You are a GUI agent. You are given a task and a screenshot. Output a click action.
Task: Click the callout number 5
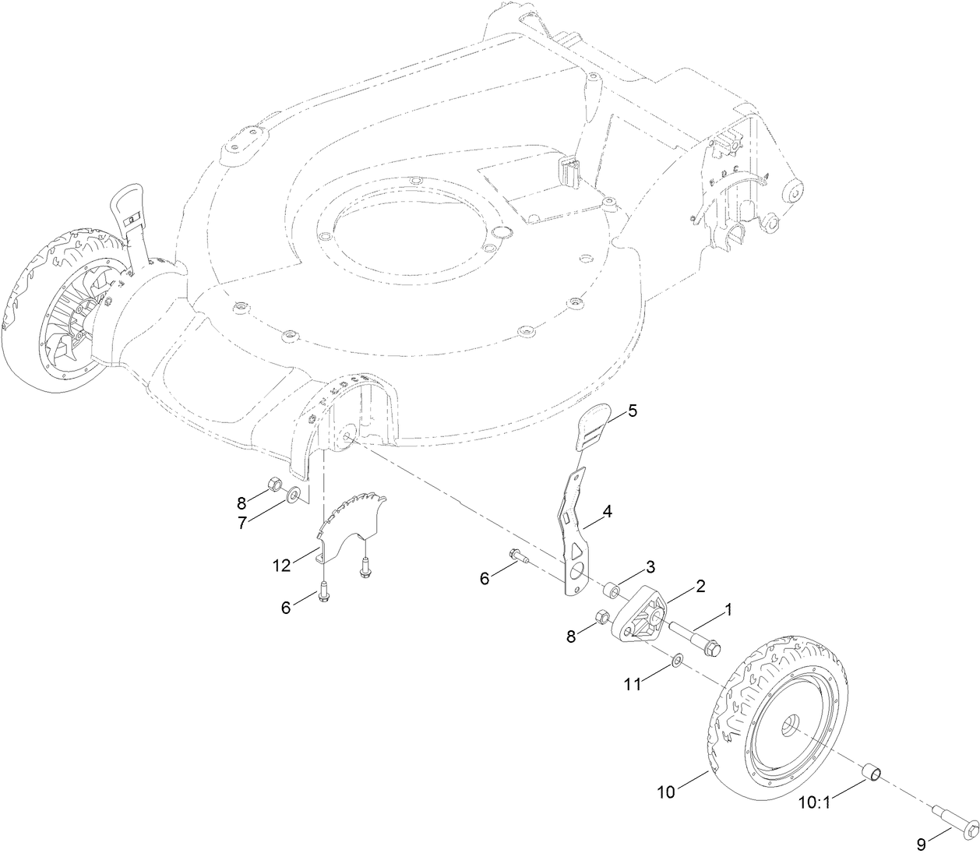[x=632, y=411]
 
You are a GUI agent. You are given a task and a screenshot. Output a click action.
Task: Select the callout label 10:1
[x=815, y=801]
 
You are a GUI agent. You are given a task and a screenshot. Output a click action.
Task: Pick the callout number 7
[x=241, y=523]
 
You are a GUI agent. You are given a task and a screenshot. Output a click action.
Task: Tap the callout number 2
[x=700, y=586]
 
